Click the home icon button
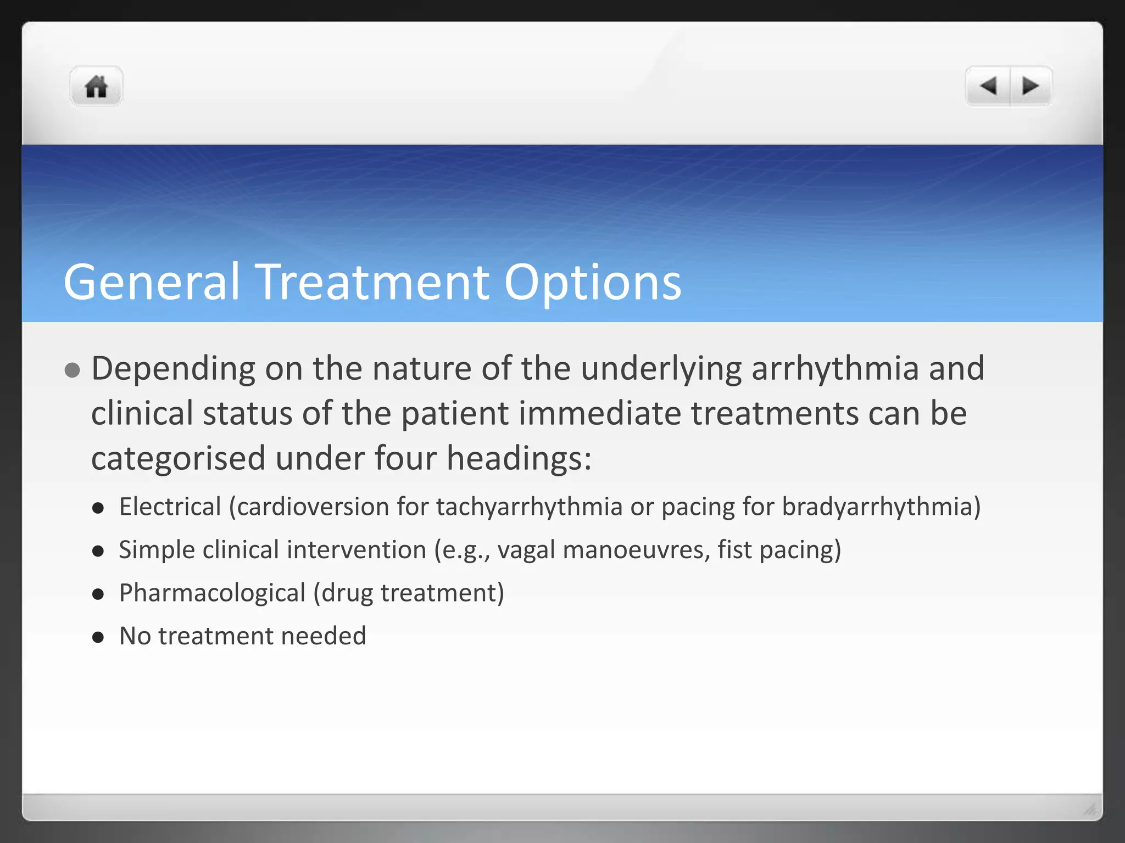[96, 86]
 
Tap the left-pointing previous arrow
[988, 86]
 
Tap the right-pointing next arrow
[1030, 86]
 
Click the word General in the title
[152, 282]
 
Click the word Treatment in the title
[373, 282]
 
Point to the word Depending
[173, 369]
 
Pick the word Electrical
[170, 506]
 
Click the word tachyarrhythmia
[529, 507]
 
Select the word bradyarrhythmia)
[881, 507]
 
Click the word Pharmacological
[212, 593]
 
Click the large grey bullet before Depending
[72, 370]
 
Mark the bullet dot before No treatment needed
[98, 637]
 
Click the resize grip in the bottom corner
[1090, 809]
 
